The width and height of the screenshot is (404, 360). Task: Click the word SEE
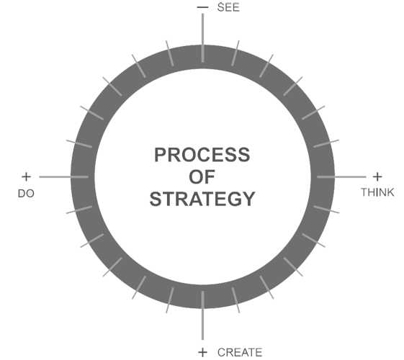228,7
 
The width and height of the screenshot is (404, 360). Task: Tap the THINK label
377,192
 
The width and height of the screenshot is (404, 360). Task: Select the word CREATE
240,352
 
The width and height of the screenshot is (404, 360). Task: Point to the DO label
26,194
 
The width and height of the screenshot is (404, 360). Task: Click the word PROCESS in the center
202,155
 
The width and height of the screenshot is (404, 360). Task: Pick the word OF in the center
202,177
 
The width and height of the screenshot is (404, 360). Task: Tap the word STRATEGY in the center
202,199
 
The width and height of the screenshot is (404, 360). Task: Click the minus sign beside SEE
202,7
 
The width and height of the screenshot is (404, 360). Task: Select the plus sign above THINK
377,177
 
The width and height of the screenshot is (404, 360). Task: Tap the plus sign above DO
26,177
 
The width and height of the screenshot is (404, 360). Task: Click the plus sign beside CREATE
203,352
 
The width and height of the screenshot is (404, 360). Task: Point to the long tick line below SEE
202,38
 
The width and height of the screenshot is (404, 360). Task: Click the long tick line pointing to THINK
341,177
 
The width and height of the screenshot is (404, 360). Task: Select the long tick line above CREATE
202,315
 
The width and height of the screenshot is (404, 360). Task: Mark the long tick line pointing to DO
63,177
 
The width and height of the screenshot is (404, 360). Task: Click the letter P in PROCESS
161,155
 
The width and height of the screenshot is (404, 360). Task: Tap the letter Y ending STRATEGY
248,199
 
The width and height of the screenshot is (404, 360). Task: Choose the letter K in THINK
390,192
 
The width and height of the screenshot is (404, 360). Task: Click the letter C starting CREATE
222,352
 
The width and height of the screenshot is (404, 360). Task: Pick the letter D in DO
22,194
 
